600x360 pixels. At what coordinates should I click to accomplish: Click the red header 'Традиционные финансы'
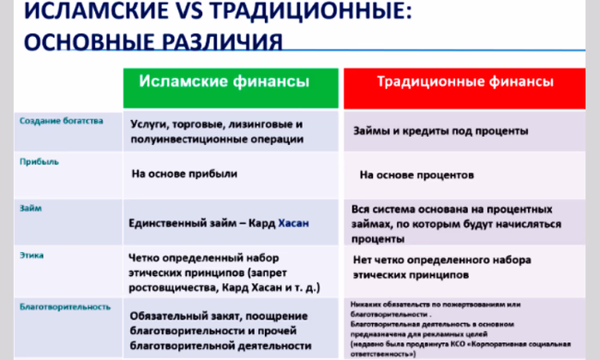click(x=465, y=83)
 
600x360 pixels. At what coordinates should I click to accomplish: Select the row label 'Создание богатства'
click(x=61, y=120)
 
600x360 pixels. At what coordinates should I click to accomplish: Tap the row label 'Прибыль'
click(x=39, y=160)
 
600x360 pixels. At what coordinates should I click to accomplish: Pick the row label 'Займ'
click(x=31, y=207)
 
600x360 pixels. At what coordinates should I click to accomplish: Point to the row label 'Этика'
click(x=32, y=255)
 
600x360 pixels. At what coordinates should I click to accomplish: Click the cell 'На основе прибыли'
click(x=183, y=173)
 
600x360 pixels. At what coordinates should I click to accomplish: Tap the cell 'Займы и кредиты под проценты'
click(x=441, y=132)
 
